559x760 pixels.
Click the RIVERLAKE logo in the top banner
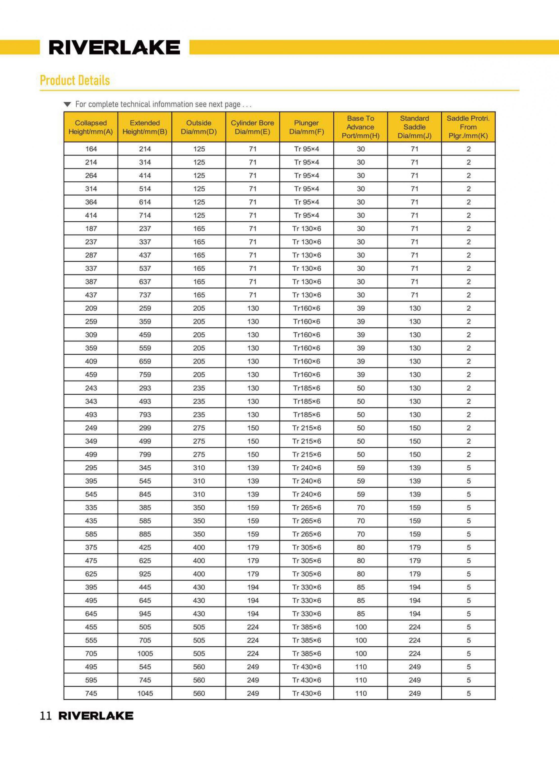[x=114, y=47]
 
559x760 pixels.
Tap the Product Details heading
[x=75, y=80]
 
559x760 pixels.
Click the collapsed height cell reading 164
[x=91, y=149]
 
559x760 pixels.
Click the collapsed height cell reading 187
[x=91, y=229]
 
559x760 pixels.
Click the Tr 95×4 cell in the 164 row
[x=306, y=149]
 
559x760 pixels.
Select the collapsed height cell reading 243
[x=91, y=388]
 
